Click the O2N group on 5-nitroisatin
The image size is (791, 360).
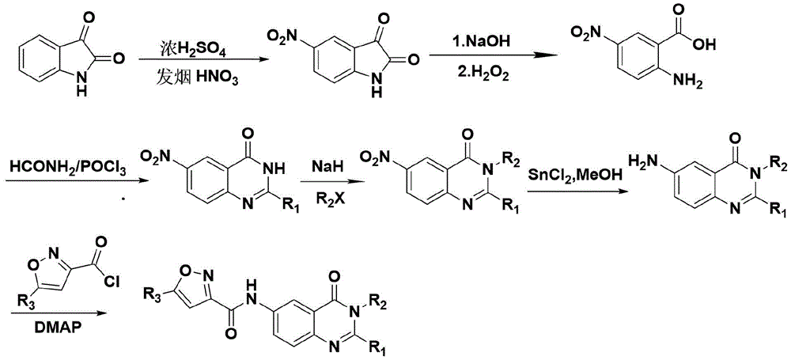click(287, 37)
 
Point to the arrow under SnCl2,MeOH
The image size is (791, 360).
click(576, 191)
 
